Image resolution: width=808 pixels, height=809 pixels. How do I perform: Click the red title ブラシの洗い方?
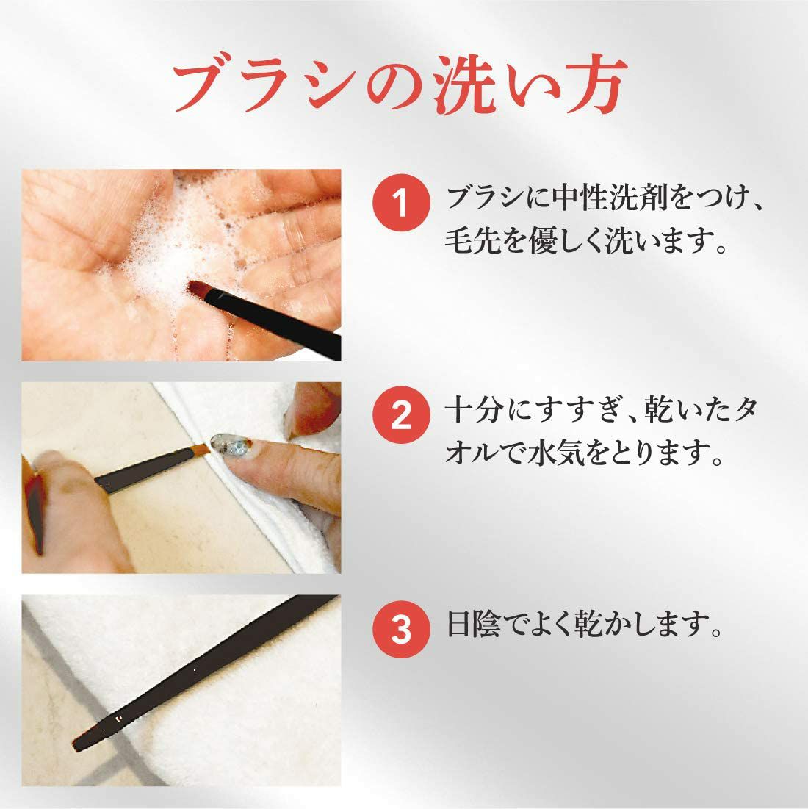(x=400, y=84)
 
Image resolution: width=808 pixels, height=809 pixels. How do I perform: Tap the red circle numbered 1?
(x=401, y=202)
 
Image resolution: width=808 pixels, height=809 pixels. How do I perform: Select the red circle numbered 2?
(x=401, y=415)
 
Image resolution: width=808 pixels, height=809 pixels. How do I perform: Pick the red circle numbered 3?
(x=401, y=629)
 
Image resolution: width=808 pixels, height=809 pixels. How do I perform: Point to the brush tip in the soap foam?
(x=198, y=289)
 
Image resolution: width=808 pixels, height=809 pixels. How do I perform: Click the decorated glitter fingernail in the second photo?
(x=231, y=445)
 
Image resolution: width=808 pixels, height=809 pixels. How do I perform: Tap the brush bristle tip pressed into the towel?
(x=202, y=450)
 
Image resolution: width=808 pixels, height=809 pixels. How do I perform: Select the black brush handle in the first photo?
(x=273, y=318)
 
